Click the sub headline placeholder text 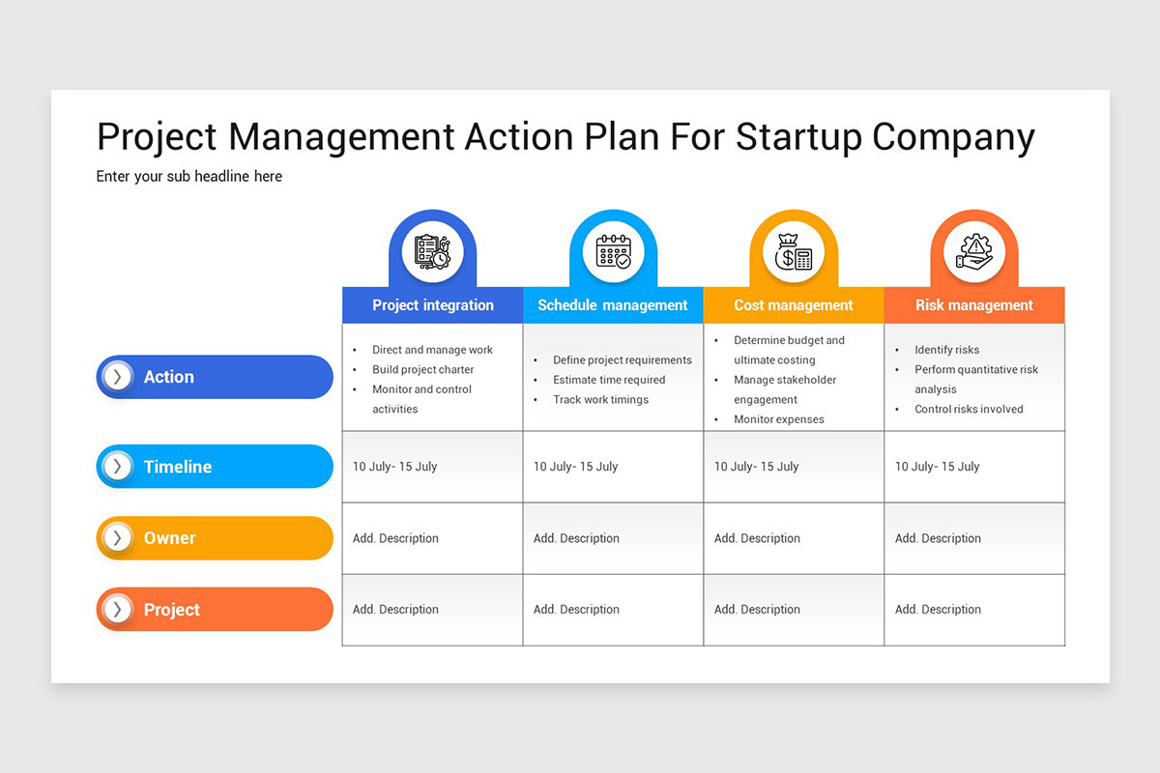189,176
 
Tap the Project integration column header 432,305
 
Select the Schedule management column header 612,305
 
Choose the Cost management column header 793,305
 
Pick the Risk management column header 973,305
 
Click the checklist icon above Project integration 432,252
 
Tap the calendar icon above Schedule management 613,252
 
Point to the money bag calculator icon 794,252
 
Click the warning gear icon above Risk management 973,252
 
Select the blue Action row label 215,377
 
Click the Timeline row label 215,467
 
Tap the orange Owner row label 215,538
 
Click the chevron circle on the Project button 118,610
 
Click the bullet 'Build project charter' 422,370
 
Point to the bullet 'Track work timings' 600,400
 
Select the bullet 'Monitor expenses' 778,419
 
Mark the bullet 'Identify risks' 946,350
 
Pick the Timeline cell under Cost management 756,467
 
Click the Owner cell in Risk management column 938,538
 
